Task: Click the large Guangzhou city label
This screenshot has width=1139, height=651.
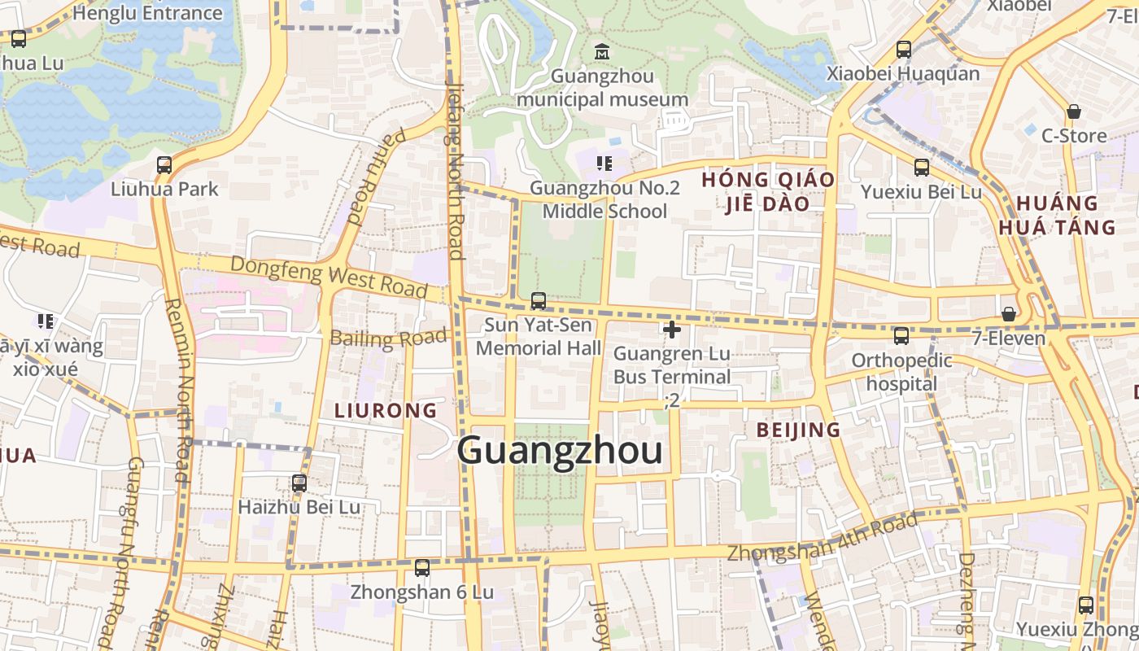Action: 560,451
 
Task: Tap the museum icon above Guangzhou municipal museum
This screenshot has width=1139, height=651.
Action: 602,51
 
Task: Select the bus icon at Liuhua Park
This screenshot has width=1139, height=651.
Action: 164,165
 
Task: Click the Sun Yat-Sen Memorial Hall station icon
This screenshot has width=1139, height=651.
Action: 539,301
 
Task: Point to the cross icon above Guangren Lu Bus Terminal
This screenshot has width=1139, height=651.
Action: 672,330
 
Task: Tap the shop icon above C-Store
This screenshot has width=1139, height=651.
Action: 1074,111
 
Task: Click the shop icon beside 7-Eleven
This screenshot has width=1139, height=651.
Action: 1009,314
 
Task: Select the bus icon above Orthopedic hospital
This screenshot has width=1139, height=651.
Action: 901,335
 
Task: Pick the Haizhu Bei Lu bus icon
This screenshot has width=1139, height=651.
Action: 299,483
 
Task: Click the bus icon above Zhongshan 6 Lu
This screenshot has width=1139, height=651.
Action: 422,568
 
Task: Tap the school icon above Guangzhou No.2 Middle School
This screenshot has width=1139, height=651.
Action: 604,164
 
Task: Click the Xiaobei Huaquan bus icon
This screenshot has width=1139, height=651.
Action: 904,50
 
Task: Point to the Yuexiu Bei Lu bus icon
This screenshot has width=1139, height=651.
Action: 922,168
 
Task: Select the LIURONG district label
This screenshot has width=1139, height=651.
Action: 386,411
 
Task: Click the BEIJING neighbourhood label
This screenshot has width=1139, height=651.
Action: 798,430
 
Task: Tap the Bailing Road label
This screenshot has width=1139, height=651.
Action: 390,339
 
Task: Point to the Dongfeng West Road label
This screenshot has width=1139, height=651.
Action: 329,275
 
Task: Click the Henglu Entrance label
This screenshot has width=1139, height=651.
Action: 147,13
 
